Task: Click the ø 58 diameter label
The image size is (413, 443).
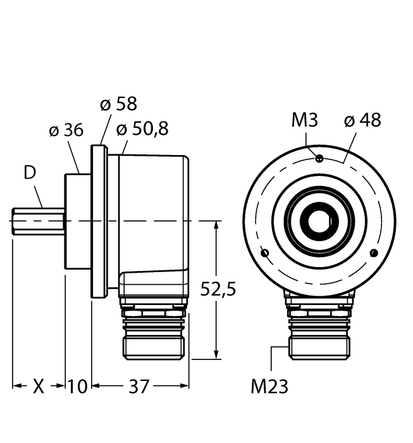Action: coord(118,104)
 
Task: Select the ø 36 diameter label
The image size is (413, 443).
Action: coord(66,130)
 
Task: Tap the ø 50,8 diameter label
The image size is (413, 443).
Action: coord(142,128)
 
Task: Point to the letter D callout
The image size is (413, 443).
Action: coord(30,172)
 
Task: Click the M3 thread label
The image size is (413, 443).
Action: coord(305,120)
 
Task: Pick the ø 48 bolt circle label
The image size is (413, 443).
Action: coord(362,120)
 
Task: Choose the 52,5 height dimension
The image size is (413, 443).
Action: coord(218,289)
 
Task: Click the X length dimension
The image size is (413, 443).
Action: coord(39,386)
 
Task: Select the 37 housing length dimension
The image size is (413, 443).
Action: coord(139,386)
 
